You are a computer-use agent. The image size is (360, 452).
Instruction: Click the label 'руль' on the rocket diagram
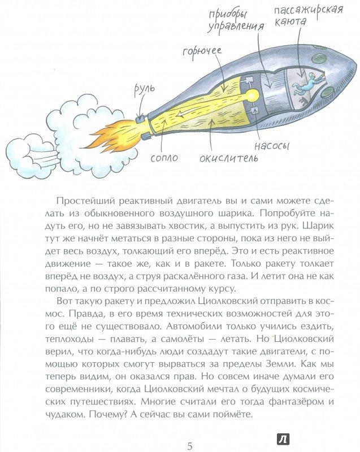pos(145,90)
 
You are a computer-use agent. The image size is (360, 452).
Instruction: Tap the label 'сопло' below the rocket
pos(164,158)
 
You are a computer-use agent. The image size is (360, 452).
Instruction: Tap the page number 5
pos(190,446)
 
